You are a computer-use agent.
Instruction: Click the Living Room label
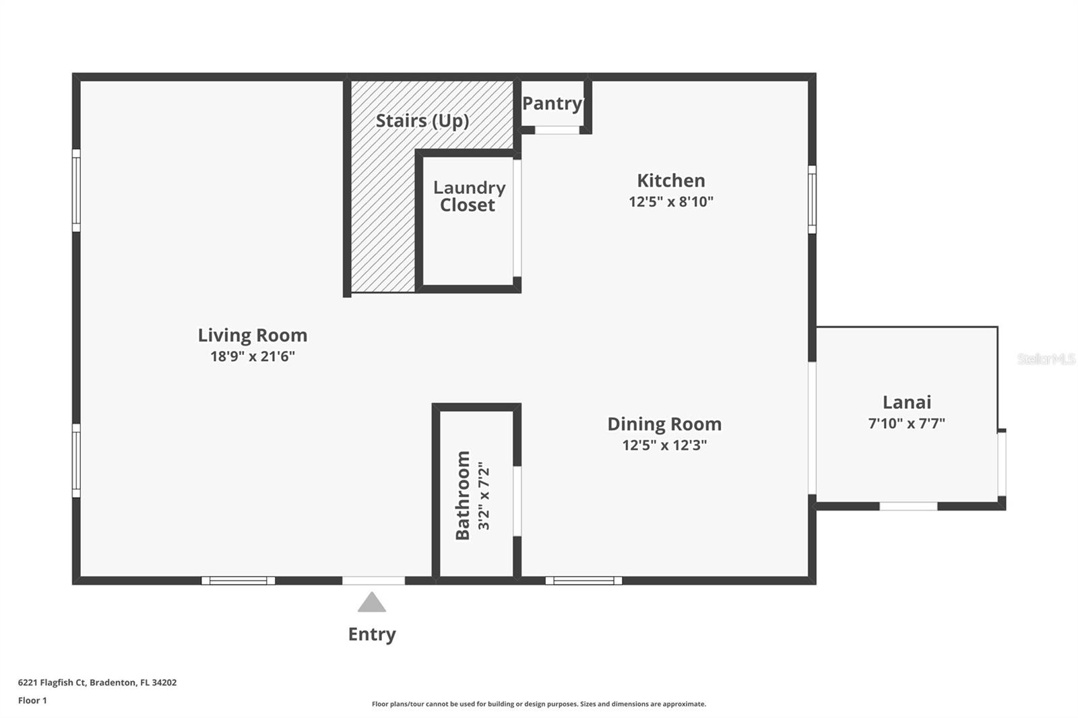pos(252,335)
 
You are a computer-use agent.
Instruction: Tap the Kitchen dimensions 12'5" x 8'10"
pos(670,201)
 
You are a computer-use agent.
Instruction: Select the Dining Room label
pos(664,424)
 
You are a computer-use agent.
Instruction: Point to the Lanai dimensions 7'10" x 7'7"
pos(906,423)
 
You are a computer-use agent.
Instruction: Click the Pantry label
pos(552,103)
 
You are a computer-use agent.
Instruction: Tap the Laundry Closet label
pos(469,196)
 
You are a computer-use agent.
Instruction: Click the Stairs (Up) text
pos(422,121)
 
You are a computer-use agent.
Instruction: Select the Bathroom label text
pos(463,495)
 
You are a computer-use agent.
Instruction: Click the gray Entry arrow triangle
pos(372,603)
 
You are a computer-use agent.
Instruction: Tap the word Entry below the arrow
pos(372,634)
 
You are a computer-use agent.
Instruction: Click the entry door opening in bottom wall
pos(373,581)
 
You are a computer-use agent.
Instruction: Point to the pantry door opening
pos(557,130)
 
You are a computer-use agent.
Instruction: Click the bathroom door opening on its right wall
pos(517,500)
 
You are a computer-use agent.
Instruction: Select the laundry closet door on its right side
pos(517,218)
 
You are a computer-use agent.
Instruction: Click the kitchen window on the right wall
pos(812,199)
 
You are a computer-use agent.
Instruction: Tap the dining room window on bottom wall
pos(583,581)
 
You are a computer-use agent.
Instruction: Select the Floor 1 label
pos(32,700)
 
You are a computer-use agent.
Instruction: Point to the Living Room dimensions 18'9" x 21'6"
pos(253,356)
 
